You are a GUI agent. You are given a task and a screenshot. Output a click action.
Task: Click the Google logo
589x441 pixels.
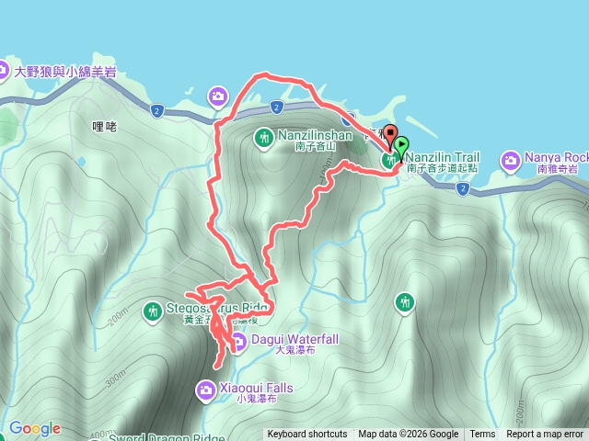[35, 428]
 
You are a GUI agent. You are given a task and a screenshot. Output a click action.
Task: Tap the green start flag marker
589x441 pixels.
[401, 145]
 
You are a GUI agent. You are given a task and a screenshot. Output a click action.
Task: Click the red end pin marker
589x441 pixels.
[389, 135]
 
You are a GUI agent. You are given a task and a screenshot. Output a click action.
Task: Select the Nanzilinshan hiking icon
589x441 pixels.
[264, 138]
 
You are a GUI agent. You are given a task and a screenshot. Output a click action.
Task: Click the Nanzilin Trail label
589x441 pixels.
[445, 157]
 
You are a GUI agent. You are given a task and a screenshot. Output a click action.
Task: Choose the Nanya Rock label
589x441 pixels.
[556, 157]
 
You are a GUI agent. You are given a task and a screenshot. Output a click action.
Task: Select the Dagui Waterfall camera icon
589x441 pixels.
[237, 343]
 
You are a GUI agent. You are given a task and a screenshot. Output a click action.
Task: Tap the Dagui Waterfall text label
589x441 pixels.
[294, 339]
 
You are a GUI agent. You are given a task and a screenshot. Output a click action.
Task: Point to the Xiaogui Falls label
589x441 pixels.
[258, 389]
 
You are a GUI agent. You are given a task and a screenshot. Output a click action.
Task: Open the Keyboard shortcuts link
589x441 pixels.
[307, 435]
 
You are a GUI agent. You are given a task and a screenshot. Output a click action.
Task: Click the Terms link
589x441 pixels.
[482, 435]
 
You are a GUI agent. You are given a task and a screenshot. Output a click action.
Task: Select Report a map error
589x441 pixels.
[545, 435]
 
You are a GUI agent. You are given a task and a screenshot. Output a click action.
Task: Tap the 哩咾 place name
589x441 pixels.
[105, 128]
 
